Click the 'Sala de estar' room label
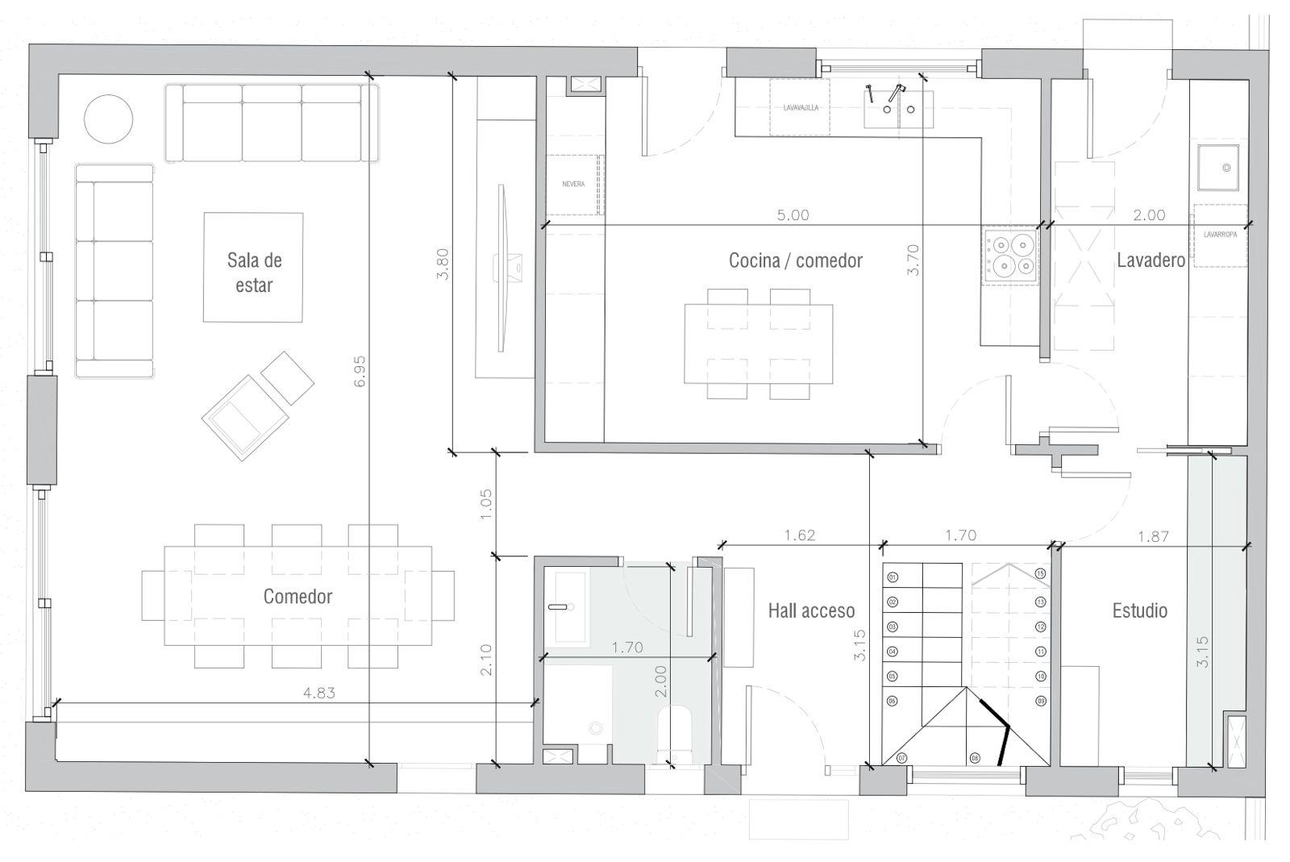click(x=254, y=272)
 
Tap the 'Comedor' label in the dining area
click(x=298, y=597)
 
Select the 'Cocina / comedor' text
click(x=795, y=260)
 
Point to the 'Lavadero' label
click(x=1151, y=260)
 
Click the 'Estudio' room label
click(x=1139, y=610)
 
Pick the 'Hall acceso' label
click(x=810, y=610)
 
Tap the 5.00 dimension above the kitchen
click(x=793, y=215)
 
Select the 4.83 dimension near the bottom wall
click(x=318, y=693)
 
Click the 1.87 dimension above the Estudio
click(x=1153, y=535)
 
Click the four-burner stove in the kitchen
click(x=1009, y=255)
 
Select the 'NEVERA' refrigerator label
click(x=573, y=185)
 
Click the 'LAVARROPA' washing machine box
click(x=1220, y=236)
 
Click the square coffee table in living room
click(x=253, y=267)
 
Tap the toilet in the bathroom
click(x=676, y=730)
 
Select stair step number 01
click(x=893, y=577)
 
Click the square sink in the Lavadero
click(x=1217, y=168)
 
